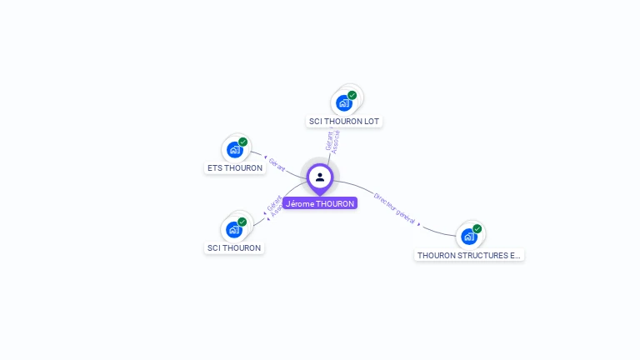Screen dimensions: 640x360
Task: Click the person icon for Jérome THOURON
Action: click(x=320, y=177)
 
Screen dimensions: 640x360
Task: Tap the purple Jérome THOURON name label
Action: click(x=320, y=203)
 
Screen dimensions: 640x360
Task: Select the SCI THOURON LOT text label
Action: click(x=344, y=122)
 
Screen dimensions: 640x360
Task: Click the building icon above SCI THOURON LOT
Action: click(x=343, y=103)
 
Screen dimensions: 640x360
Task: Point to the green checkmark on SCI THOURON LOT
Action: click(x=352, y=95)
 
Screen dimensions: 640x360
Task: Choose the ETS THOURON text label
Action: click(x=235, y=168)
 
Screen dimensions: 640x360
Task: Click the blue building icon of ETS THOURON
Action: click(x=234, y=150)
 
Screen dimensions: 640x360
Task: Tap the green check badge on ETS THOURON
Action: click(x=243, y=142)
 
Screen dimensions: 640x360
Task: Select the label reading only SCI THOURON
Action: click(x=234, y=248)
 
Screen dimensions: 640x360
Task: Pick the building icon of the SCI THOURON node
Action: click(x=234, y=229)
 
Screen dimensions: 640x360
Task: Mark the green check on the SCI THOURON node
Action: click(x=242, y=222)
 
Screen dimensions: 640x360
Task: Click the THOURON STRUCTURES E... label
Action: click(x=469, y=256)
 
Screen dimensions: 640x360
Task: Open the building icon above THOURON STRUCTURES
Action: click(x=469, y=237)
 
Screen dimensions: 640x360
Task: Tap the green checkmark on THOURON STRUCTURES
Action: click(x=477, y=228)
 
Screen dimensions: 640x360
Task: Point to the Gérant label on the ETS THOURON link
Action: click(x=277, y=165)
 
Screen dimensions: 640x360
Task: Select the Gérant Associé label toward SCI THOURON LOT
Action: click(x=332, y=140)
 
